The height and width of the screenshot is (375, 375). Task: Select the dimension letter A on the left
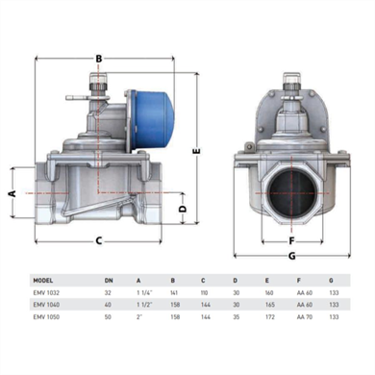pyautogui.click(x=12, y=192)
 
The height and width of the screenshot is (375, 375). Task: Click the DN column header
pyautogui.click(x=108, y=281)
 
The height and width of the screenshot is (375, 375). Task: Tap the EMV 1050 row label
pyautogui.click(x=45, y=318)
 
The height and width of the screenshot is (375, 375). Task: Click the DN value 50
pyautogui.click(x=108, y=318)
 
